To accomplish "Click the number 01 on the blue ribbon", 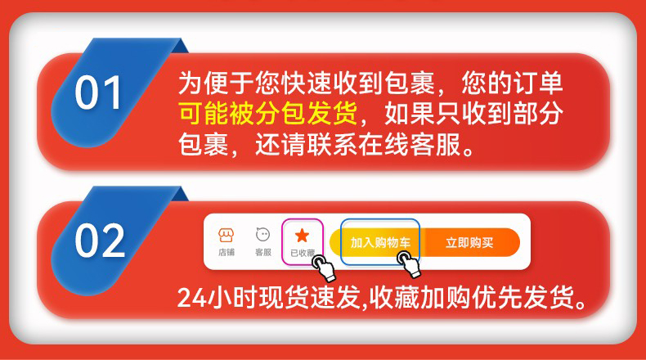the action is pos(98,92).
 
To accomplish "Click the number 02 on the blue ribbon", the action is pos(100,241).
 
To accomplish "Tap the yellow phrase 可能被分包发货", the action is pos(268,113).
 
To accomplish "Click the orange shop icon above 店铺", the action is pos(227,235).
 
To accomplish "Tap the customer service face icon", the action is pos(262,235).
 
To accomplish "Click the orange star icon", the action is pos(302,236).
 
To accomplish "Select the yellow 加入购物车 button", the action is pos(376,242).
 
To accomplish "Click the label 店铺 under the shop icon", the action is pos(227,252).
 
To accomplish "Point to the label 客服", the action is pos(262,252).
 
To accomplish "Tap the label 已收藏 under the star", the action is pos(303,253).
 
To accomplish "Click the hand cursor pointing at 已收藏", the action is pos(324,268).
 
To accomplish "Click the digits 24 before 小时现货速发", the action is pos(191,297).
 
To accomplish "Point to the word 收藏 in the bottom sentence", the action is pos(394,297).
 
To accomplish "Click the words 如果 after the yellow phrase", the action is pos(410,113).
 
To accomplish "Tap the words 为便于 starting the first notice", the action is pos(216,83).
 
